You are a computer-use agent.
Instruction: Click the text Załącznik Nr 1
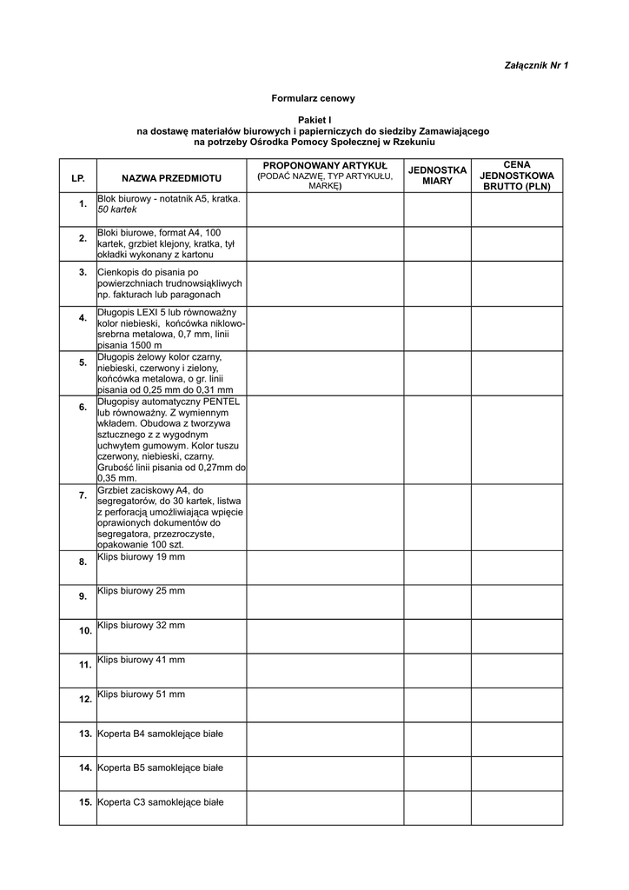(536, 65)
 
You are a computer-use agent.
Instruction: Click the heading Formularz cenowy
(314, 99)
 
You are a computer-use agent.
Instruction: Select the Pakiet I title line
(314, 120)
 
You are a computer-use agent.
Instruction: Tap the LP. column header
(78, 177)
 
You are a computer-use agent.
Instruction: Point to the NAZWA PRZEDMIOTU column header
(171, 177)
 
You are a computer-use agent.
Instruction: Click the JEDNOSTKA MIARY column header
(437, 175)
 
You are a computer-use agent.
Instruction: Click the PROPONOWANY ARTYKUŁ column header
(325, 165)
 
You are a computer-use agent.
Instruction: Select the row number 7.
(83, 495)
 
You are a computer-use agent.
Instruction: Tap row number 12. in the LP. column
(85, 699)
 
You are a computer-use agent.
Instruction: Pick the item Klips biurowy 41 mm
(141, 660)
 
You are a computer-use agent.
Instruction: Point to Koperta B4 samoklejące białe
(161, 734)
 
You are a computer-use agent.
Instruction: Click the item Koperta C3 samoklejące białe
(161, 802)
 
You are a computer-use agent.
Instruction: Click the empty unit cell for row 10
(437, 635)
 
